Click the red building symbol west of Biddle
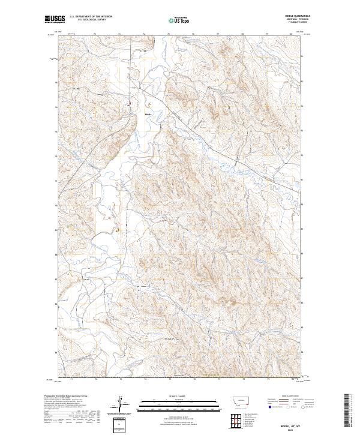(128, 106)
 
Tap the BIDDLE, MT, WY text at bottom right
(299, 423)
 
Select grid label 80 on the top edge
(291, 35)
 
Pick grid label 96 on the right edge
(302, 56)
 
